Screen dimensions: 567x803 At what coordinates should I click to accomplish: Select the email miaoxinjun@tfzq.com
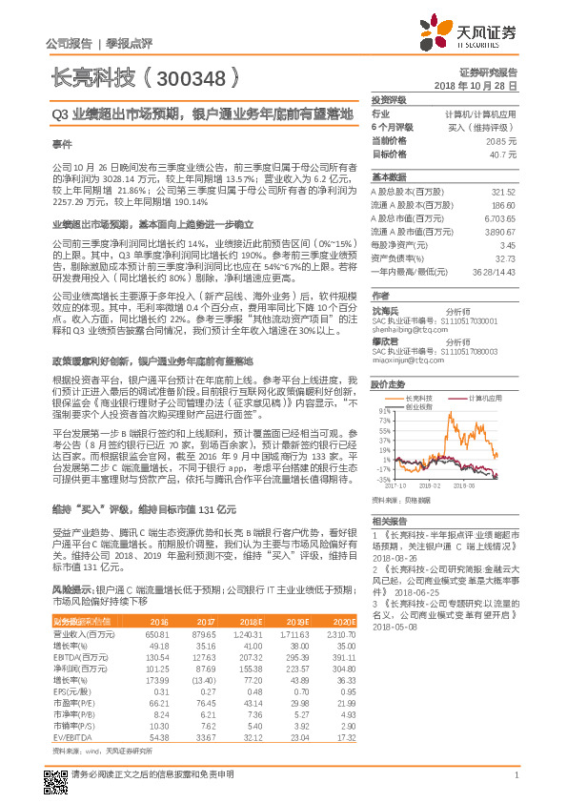[410, 360]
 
